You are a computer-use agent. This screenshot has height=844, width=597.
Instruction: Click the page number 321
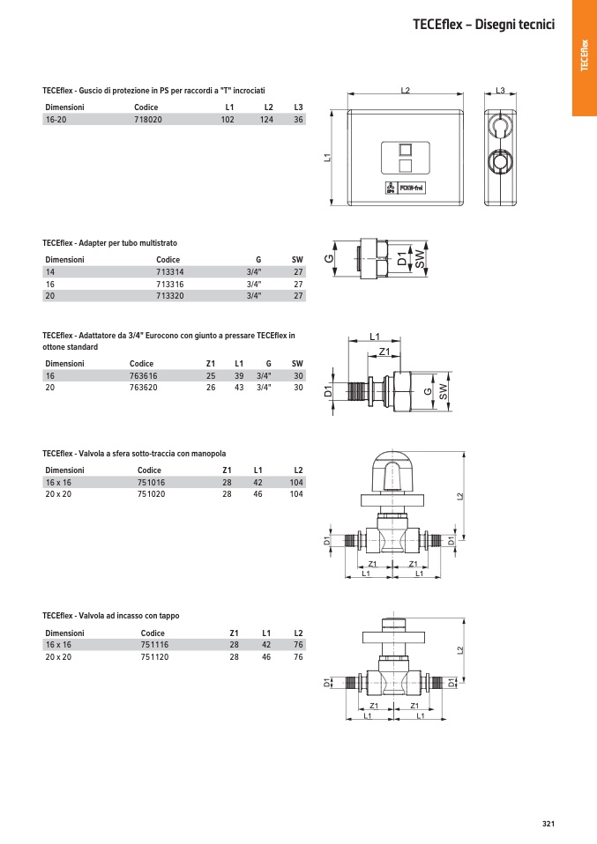[x=548, y=824]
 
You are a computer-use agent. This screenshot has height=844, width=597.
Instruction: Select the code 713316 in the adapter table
[x=169, y=285]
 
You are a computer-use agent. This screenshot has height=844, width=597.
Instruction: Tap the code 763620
[x=143, y=387]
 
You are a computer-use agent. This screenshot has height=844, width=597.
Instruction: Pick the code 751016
[x=151, y=483]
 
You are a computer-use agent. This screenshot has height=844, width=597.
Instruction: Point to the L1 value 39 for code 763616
[x=238, y=375]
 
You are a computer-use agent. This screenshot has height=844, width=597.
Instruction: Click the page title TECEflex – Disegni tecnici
[x=483, y=25]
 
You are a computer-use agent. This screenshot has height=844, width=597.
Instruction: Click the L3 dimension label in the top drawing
[x=500, y=91]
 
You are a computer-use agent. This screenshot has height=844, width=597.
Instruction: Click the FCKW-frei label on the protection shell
[x=413, y=188]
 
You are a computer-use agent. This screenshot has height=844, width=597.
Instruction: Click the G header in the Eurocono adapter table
[x=267, y=363]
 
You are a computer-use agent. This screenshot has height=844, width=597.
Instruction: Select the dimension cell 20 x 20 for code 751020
[x=57, y=494]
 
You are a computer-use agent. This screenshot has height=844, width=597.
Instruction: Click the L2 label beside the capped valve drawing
[x=459, y=650]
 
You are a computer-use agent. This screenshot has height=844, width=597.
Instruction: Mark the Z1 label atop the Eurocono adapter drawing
[x=384, y=352]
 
